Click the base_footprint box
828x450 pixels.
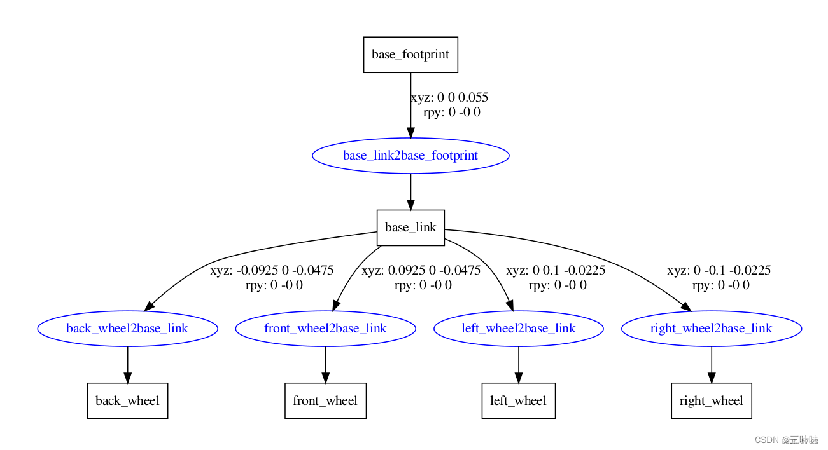410,55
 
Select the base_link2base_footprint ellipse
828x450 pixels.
410,156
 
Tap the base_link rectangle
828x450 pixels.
410,228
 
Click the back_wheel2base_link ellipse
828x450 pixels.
127,329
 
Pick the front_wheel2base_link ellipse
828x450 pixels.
325,329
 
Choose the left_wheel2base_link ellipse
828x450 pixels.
518,329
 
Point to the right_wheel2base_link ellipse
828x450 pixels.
711,329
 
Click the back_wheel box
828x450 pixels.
127,401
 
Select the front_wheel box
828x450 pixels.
325,401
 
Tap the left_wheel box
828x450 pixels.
518,401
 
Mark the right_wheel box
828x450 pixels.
711,401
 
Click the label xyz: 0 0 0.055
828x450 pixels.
449,98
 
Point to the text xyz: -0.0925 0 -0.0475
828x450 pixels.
272,271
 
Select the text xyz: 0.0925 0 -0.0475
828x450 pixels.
421,271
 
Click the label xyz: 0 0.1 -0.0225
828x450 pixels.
556,271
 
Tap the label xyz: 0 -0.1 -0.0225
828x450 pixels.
719,271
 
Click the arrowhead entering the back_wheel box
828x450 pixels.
127,377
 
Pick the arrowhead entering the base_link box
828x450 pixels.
410,204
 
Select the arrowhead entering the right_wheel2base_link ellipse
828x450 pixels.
685,306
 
